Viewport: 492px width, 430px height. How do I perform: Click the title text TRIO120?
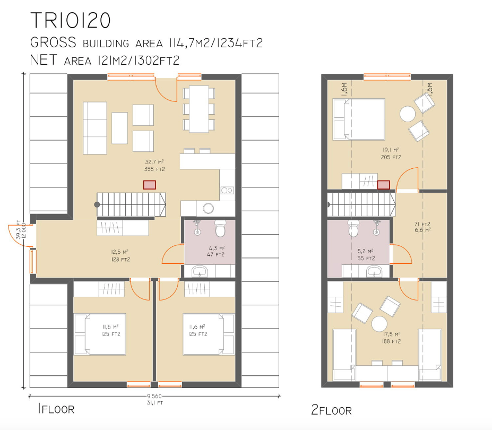[x=70, y=20]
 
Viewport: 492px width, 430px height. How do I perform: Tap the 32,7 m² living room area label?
[x=154, y=166]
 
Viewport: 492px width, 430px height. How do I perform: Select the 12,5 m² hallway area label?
[x=120, y=256]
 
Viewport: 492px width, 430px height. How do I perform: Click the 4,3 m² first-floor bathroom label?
[x=216, y=252]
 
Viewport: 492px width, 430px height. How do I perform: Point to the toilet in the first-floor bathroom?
[x=220, y=228]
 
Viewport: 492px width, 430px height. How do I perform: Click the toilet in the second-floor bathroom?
[x=353, y=228]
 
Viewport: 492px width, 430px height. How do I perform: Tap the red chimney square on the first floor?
[x=149, y=185]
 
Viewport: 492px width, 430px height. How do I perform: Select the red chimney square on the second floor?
[x=383, y=185]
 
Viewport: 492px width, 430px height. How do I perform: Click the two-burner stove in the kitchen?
[x=227, y=190]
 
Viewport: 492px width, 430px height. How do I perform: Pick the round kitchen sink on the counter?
[x=208, y=208]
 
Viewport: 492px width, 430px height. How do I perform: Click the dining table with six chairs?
[x=199, y=109]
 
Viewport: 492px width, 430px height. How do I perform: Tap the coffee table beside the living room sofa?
[x=119, y=128]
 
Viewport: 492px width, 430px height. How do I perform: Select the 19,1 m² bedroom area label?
[x=391, y=153]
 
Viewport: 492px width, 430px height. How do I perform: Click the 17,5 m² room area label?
[x=391, y=338]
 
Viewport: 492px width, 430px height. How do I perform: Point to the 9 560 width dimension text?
[x=154, y=396]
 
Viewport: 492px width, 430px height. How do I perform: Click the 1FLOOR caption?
[x=56, y=409]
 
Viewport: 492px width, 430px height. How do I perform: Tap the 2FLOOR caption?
[x=331, y=410]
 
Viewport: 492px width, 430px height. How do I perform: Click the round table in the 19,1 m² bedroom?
[x=408, y=114]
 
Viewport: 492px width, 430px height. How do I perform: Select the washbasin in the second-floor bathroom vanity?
[x=374, y=271]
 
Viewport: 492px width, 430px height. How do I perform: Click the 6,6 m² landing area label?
[x=422, y=227]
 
